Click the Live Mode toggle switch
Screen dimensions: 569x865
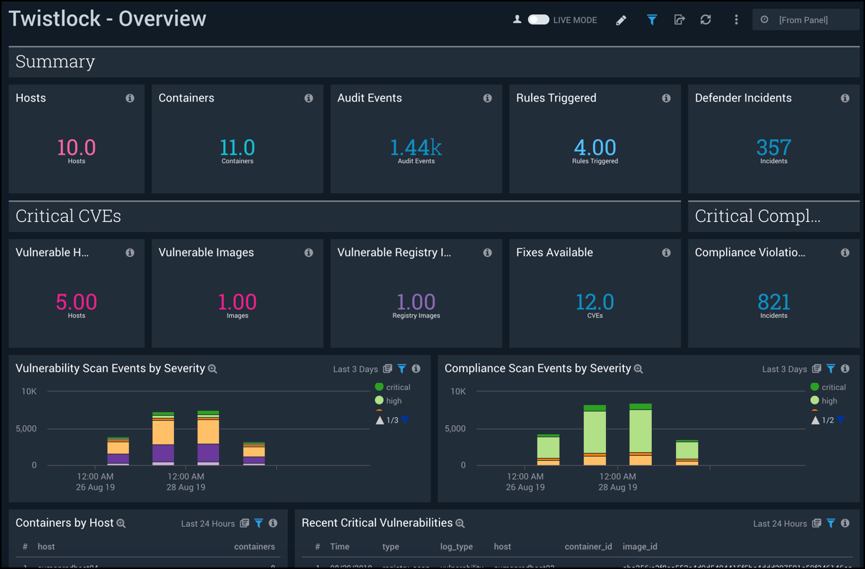(x=538, y=20)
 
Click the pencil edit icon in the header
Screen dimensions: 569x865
(x=621, y=20)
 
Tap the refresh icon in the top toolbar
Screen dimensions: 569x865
(x=705, y=20)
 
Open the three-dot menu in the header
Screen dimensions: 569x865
(x=736, y=20)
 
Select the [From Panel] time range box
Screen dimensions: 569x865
(x=806, y=20)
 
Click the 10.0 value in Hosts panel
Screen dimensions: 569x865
(x=76, y=147)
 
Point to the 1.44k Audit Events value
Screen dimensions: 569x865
(x=416, y=147)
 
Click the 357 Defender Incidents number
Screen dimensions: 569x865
(x=773, y=147)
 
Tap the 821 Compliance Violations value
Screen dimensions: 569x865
(x=773, y=302)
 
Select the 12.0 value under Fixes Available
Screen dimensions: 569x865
(x=595, y=302)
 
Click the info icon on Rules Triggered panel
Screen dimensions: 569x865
(x=666, y=98)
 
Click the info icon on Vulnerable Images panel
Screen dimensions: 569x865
(x=308, y=253)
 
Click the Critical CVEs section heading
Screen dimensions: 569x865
(x=68, y=216)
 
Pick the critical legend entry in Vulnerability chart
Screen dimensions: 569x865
(x=393, y=387)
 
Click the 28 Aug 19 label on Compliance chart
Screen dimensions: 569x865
(x=617, y=487)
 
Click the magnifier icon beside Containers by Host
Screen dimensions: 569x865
(x=122, y=524)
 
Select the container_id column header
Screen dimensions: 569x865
(x=588, y=547)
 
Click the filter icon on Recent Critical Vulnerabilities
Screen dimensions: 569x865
(x=831, y=524)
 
